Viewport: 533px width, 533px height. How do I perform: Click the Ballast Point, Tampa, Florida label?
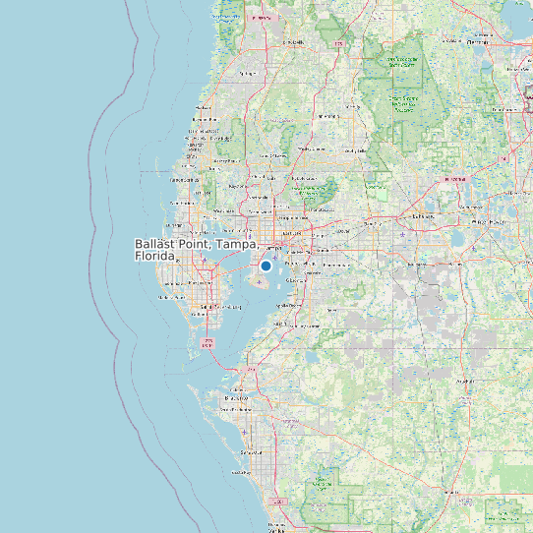click(x=197, y=249)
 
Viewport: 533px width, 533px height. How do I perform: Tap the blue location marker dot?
click(x=266, y=266)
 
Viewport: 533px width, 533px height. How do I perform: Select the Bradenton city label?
click(x=237, y=397)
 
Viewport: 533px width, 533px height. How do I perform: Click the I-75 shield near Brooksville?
click(x=339, y=44)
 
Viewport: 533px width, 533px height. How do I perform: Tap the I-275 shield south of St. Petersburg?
click(x=207, y=343)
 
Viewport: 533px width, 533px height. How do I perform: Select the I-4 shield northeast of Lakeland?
click(x=456, y=181)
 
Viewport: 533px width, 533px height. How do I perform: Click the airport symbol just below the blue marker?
click(x=259, y=282)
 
